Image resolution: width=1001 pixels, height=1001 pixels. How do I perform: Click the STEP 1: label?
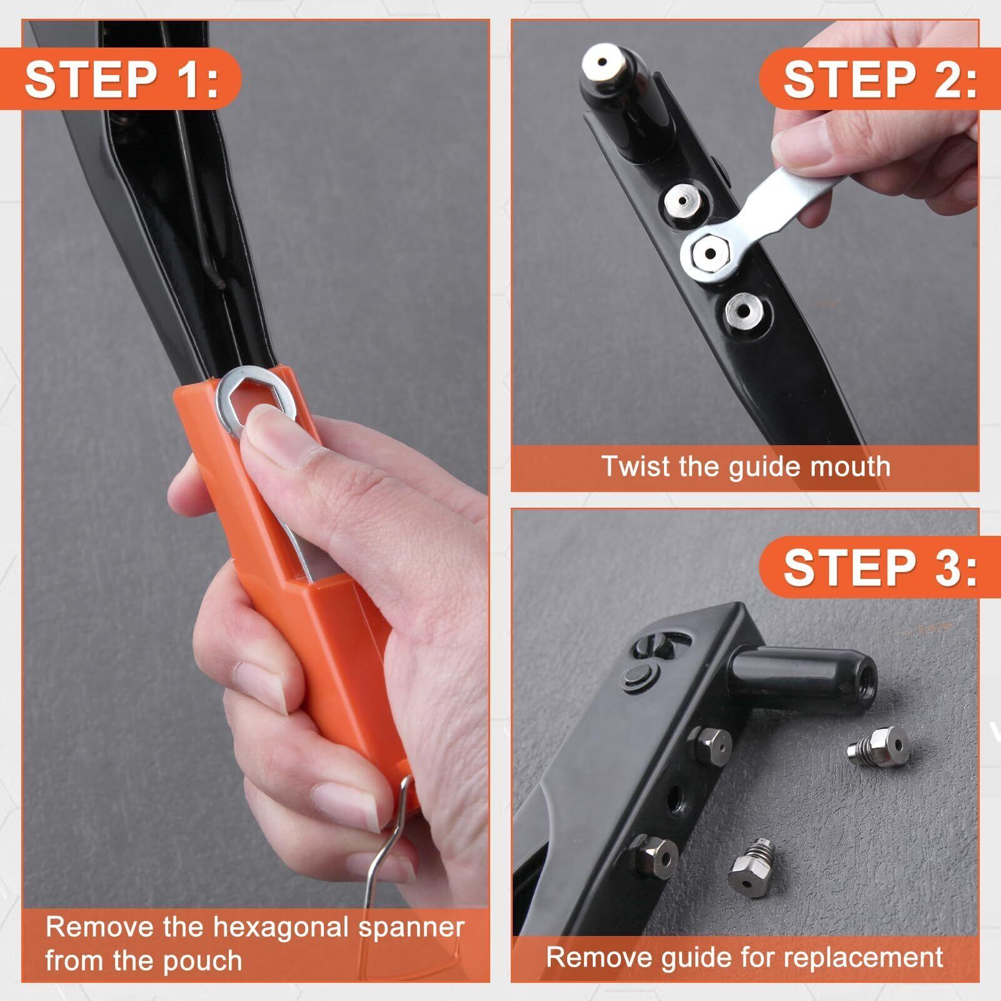point(122,79)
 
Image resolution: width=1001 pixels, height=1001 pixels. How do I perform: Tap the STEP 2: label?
point(880,79)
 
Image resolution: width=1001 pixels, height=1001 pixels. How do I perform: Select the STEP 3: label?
point(880,567)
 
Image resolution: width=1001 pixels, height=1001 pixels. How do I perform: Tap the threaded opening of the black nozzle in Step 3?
point(864,682)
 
